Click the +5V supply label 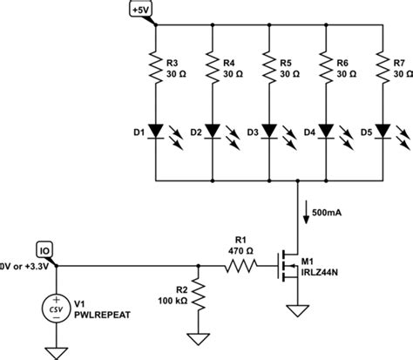(x=141, y=10)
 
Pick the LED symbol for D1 (x=154, y=132)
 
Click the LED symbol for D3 (x=268, y=132)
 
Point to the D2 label (x=194, y=132)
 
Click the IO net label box (x=45, y=248)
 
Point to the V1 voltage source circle (x=57, y=308)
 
